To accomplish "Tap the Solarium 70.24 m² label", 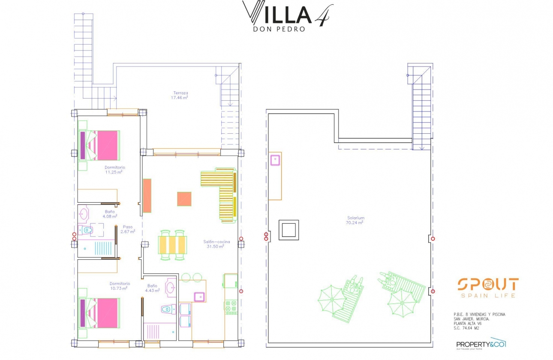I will [x=355, y=220].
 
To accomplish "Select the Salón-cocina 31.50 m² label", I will [x=213, y=244].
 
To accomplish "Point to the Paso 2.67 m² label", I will [x=128, y=229].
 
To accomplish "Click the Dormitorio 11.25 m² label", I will [x=114, y=170].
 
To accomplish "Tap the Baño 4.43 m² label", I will [x=153, y=288].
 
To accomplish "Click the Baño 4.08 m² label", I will [x=109, y=214].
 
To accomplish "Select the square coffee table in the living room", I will [x=184, y=199].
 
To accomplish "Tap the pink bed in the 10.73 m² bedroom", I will [x=100, y=313].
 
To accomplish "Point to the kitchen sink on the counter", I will [x=199, y=297].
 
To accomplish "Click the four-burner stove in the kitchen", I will [x=231, y=307].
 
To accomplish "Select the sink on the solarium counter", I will [x=275, y=160].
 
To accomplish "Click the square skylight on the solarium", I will [x=289, y=230].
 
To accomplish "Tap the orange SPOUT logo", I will [x=488, y=284].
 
